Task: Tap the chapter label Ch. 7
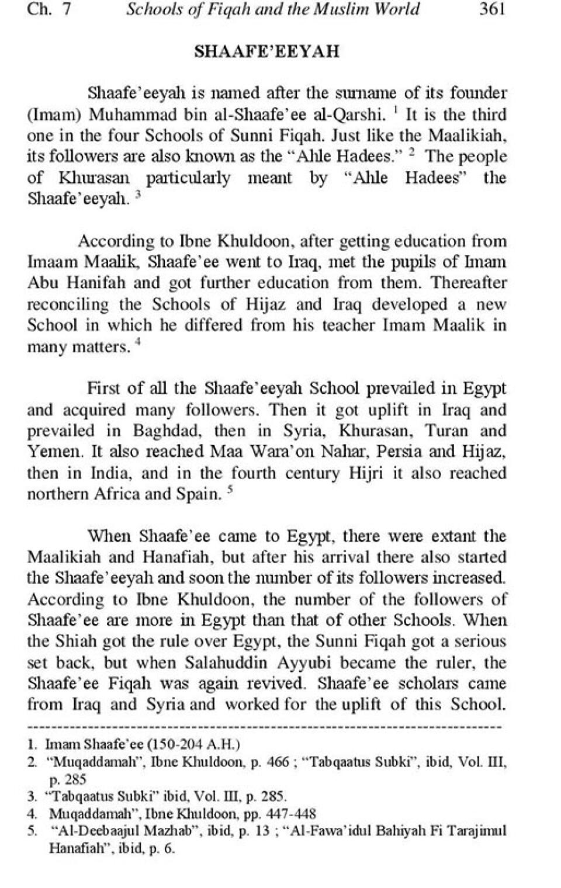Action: point(49,10)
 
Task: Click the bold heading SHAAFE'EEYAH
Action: point(266,51)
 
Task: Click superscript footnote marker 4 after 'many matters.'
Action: point(138,343)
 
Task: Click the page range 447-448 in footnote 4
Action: point(290,813)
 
